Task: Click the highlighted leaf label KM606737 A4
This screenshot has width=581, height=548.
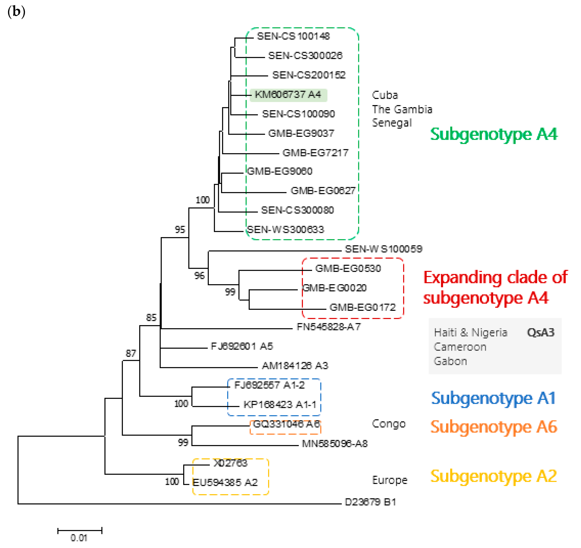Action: click(x=288, y=95)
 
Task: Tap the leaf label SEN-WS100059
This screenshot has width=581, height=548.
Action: click(x=383, y=249)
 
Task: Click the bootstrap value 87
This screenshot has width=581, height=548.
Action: click(x=131, y=354)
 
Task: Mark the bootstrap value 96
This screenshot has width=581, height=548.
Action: click(x=199, y=276)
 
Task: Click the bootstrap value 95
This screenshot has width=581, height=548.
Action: click(x=180, y=230)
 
